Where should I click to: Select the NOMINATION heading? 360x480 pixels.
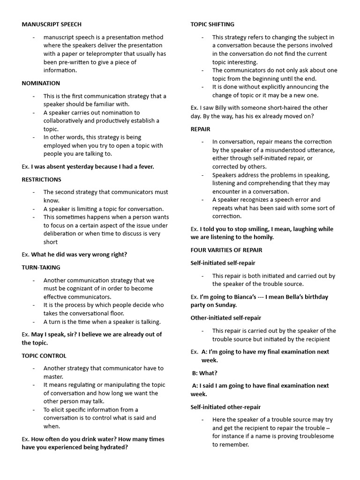click(41, 83)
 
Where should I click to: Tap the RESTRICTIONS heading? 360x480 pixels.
click(42, 180)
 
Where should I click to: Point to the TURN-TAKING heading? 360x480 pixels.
click(41, 267)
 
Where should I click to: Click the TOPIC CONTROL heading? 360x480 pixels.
click(44, 356)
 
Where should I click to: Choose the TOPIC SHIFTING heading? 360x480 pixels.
click(212, 24)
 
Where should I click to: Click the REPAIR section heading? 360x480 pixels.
click(200, 129)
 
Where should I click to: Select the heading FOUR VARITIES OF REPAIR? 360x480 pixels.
click(226, 250)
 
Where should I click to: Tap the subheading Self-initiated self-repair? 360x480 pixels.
click(223, 263)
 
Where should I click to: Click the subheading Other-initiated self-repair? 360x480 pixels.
click(226, 318)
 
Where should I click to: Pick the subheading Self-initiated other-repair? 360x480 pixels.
click(225, 407)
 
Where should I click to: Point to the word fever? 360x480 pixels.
click(144, 166)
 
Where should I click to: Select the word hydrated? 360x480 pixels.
click(112, 447)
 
